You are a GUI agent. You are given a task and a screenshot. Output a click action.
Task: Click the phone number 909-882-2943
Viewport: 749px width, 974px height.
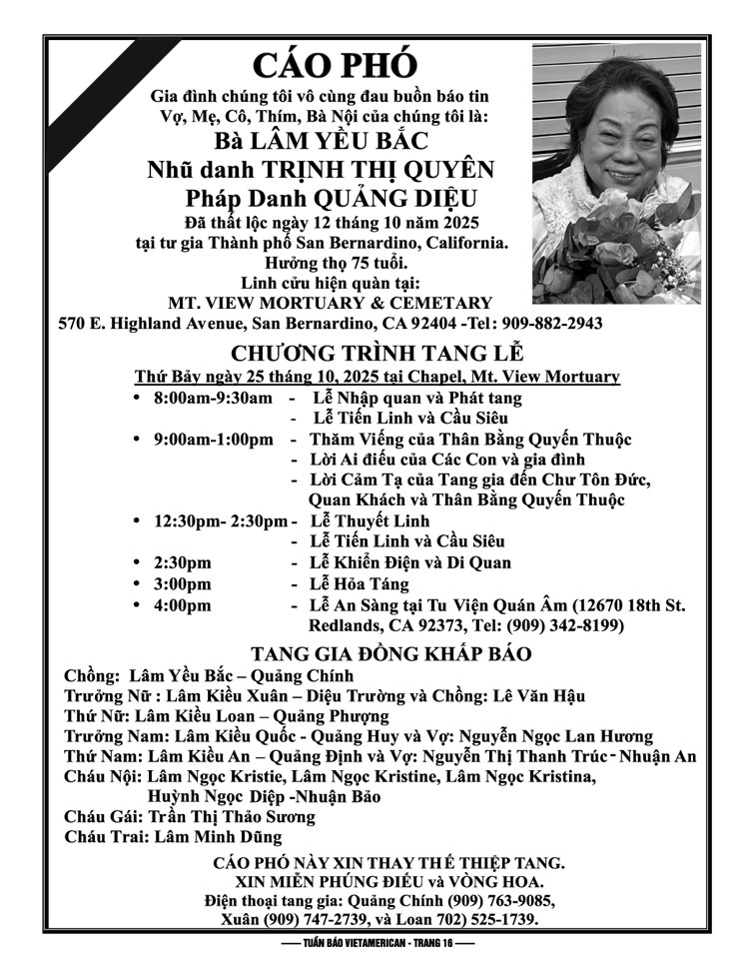[x=548, y=325]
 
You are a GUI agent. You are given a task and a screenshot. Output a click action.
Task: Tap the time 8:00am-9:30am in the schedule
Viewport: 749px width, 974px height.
[x=213, y=398]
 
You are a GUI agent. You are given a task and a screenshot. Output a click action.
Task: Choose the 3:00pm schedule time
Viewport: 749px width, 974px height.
[x=183, y=584]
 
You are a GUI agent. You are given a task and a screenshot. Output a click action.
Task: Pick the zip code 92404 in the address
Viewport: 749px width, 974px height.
[x=431, y=325]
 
